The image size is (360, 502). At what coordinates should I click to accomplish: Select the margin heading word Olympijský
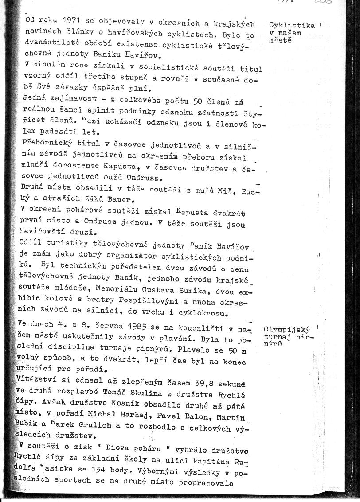286,329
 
